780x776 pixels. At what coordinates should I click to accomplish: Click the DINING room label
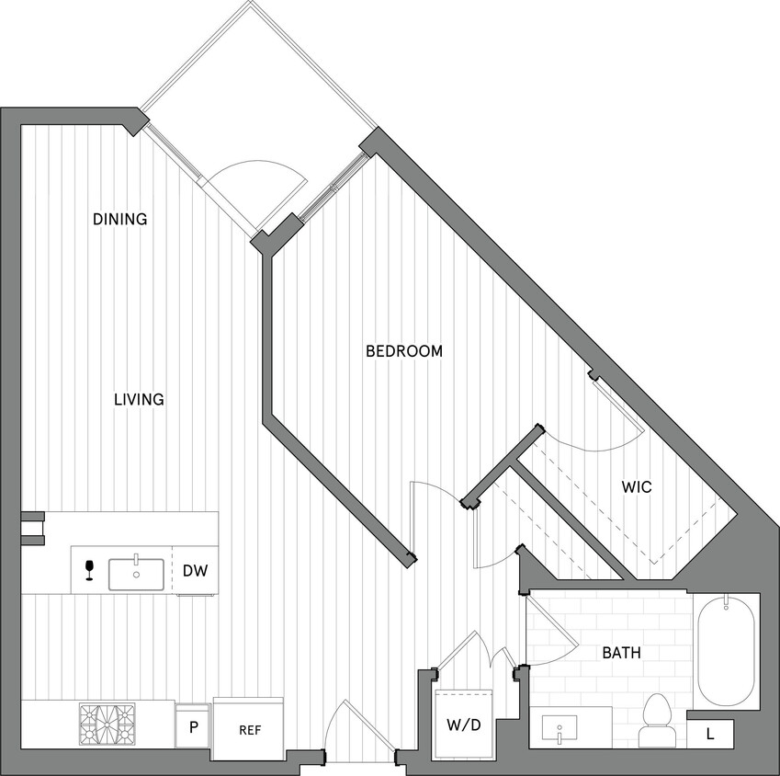120,219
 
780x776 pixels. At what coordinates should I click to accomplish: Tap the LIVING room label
139,399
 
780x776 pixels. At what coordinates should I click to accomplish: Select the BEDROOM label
404,350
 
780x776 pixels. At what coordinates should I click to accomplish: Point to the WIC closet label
637,486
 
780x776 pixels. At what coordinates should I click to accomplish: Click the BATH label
622,653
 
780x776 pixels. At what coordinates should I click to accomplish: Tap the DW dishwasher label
194,571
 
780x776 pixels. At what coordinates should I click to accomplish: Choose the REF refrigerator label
251,730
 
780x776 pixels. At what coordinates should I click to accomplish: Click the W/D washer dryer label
464,725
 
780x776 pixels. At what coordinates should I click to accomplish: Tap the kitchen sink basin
136,574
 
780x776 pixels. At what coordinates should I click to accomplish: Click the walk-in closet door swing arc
588,441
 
